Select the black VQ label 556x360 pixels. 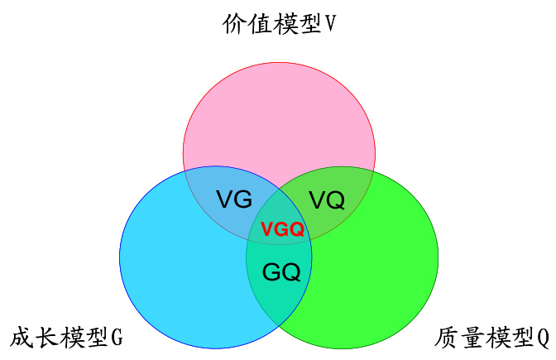tap(327, 199)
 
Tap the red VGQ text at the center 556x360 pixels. tap(282, 230)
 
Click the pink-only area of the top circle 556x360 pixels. tap(279, 116)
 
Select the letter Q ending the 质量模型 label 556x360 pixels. tap(543, 338)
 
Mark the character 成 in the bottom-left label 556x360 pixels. tap(22, 338)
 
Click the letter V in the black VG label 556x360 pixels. tap(224, 199)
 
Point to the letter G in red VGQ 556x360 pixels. tap(282, 230)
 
